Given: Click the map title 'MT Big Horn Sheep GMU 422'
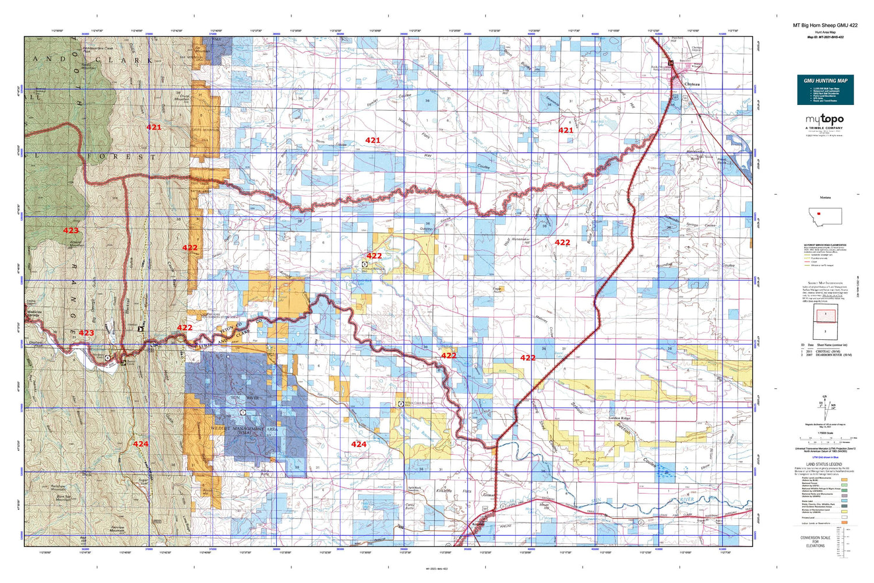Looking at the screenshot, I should (825, 25).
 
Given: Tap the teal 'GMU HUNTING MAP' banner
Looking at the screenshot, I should (825, 80).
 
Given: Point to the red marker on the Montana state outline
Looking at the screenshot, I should (819, 213).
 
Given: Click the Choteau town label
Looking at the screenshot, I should (692, 85).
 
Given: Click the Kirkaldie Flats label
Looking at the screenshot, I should (457, 491).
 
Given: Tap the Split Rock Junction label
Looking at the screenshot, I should (414, 489).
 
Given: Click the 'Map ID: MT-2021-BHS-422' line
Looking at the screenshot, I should (825, 37).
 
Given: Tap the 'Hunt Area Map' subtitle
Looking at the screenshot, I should (825, 31).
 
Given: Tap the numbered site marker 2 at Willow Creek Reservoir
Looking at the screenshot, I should (400, 403).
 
